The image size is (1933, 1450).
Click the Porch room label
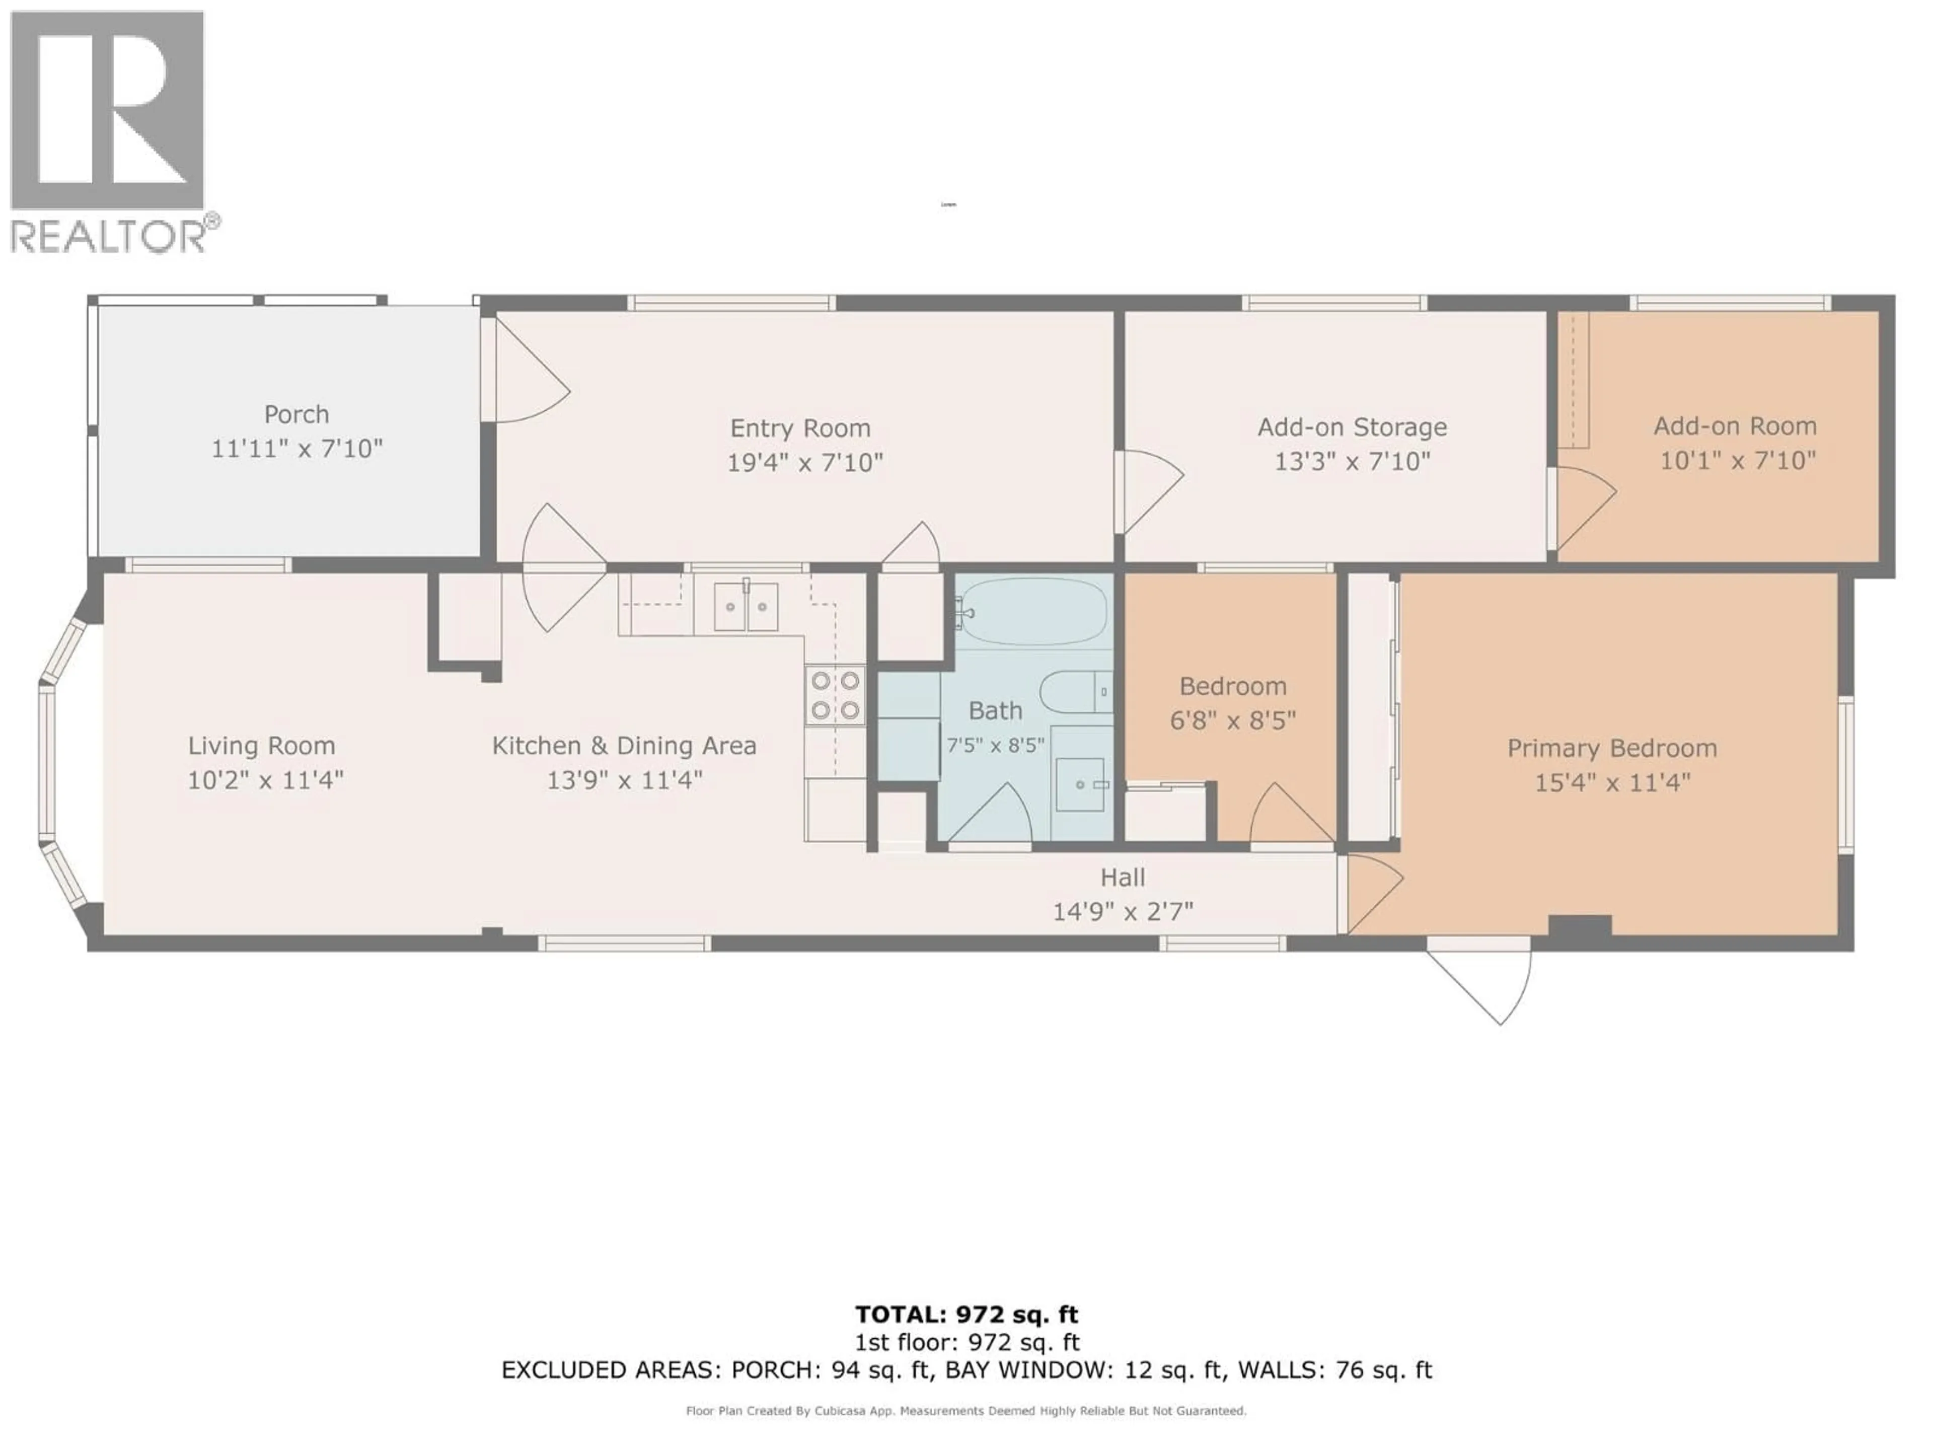click(x=296, y=414)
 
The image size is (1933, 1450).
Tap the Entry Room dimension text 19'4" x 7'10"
click(x=805, y=462)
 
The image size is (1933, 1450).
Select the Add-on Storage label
click(x=1352, y=427)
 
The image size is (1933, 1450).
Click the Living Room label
click(x=261, y=746)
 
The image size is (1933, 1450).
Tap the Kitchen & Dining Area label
click(x=624, y=746)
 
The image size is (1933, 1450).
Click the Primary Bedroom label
click(x=1611, y=748)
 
